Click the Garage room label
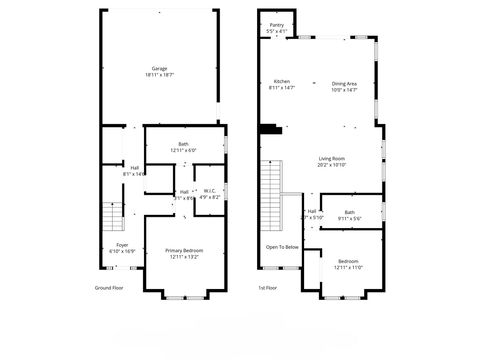[160, 69]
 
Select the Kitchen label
[282, 82]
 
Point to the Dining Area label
[344, 82]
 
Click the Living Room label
[332, 159]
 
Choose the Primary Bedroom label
[184, 250]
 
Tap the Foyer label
[122, 245]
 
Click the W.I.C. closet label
[209, 191]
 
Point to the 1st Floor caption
[269, 287]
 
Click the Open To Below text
[282, 247]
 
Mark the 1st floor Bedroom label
[347, 261]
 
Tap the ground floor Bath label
[183, 144]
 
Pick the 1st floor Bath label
[349, 212]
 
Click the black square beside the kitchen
[269, 128]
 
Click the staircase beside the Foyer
[110, 215]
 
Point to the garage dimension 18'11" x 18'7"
[160, 75]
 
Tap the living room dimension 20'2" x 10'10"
[332, 165]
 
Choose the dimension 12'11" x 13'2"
[184, 256]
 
